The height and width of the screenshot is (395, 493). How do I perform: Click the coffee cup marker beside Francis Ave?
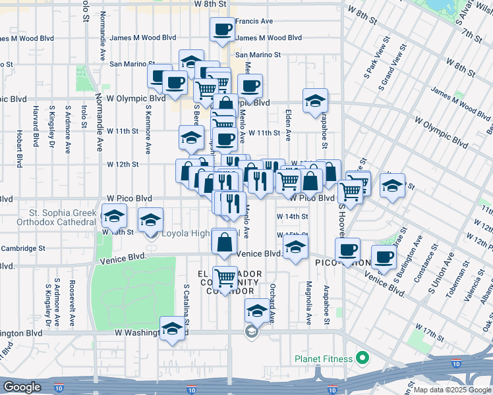(221, 29)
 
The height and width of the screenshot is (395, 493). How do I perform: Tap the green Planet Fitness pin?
(361, 359)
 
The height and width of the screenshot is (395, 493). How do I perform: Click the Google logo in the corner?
(22, 386)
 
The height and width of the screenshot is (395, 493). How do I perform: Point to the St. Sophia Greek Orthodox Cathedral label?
(62, 217)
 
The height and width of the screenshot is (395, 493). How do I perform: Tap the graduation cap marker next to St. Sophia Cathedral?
(114, 215)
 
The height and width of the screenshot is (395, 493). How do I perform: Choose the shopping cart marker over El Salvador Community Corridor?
(225, 278)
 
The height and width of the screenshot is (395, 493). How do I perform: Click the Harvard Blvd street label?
(34, 124)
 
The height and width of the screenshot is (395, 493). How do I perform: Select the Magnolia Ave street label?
(308, 303)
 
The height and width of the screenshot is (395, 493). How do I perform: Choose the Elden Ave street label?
(288, 125)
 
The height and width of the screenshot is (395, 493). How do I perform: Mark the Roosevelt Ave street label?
(72, 306)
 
